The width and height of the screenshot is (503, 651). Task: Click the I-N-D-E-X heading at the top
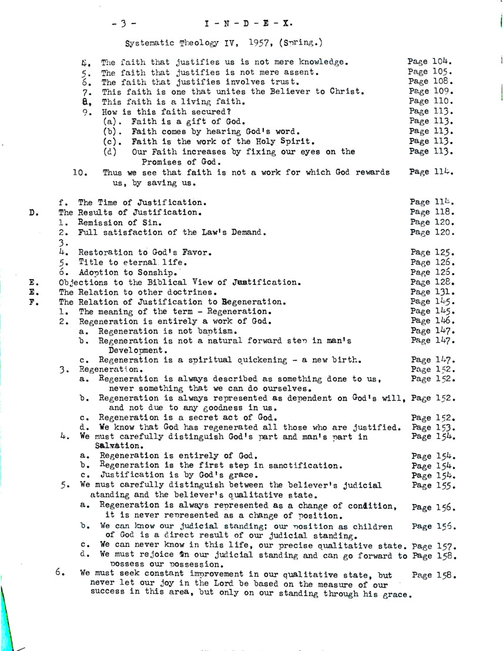[250, 24]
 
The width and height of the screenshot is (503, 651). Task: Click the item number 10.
[80, 172]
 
